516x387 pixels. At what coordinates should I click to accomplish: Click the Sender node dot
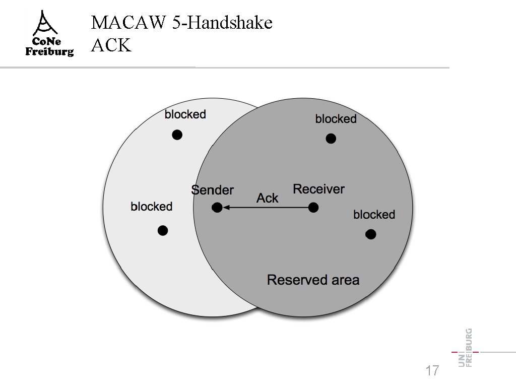(217, 207)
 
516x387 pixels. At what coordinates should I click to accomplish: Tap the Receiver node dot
(313, 207)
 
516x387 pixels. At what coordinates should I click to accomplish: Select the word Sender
(213, 190)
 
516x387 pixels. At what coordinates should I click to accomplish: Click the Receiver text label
(318, 189)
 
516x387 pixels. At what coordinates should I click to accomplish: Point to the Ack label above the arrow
(267, 198)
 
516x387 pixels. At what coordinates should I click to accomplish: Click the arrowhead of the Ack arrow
(226, 207)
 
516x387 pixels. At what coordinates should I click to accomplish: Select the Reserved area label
(313, 280)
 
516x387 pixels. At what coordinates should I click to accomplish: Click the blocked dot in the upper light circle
(177, 135)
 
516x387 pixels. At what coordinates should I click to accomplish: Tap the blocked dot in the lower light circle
(162, 231)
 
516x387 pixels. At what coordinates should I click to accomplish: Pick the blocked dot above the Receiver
(331, 139)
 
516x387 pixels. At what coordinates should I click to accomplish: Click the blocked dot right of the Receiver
(370, 234)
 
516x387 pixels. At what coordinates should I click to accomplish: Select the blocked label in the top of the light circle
(185, 114)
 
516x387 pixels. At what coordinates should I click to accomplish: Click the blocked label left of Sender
(151, 207)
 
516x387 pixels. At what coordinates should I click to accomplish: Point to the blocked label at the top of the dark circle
(336, 119)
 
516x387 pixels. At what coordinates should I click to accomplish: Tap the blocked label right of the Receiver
(374, 215)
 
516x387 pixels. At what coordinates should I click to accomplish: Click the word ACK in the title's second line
(111, 45)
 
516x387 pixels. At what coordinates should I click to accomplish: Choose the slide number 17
(432, 371)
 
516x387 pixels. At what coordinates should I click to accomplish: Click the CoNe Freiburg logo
(49, 34)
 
